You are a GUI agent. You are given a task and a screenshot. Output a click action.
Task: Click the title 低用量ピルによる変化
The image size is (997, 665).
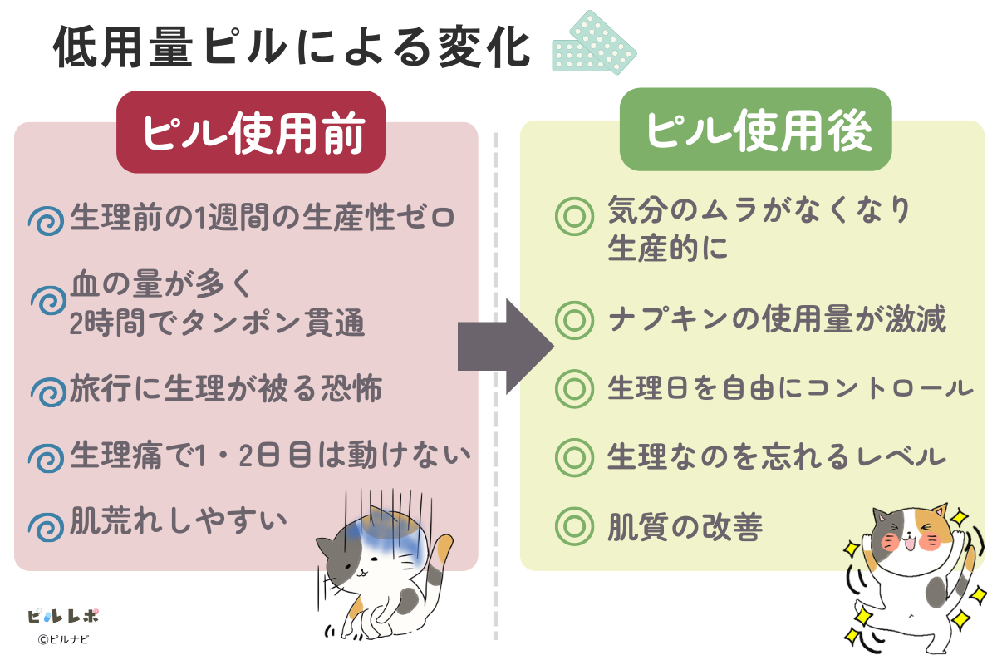[292, 48]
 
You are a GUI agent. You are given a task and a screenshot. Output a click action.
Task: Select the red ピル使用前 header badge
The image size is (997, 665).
[251, 132]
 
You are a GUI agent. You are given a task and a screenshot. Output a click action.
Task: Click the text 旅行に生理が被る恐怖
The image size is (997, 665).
[226, 388]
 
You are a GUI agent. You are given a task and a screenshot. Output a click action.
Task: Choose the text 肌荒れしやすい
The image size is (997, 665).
[179, 521]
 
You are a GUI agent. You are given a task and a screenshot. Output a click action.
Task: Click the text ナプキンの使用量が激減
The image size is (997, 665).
[777, 320]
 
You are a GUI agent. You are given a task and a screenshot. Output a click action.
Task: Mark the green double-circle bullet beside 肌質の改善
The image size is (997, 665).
[572, 525]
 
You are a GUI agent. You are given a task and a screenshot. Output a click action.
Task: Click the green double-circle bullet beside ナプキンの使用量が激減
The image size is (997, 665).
[572, 321]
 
